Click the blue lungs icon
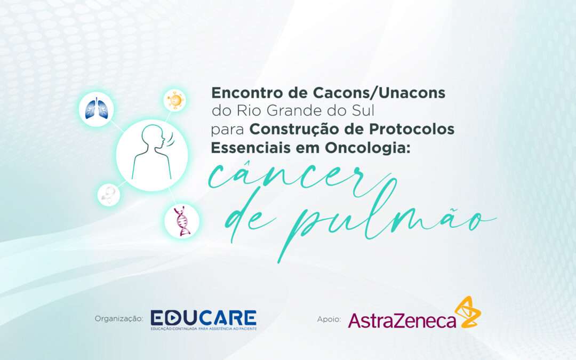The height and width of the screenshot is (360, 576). coord(96,109)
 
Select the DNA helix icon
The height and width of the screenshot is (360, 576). coord(181,221)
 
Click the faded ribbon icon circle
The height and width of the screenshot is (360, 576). coord(108,195)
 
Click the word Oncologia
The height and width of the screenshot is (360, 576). coord(363,148)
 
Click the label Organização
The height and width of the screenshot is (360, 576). coord(118,318)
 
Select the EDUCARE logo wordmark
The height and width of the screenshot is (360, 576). coord(203,317)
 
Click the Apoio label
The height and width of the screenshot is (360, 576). coord(329,319)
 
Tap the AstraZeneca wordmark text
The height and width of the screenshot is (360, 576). coord(402,319)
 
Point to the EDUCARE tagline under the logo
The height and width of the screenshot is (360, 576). coord(203,329)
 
